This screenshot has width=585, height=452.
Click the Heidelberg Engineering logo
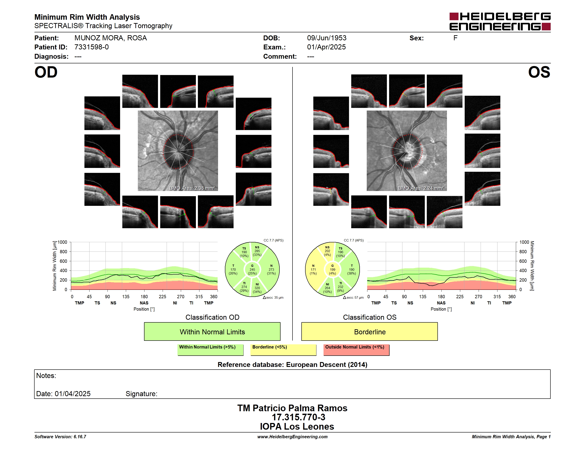click(x=500, y=21)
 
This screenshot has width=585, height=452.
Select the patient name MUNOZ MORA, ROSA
click(x=110, y=38)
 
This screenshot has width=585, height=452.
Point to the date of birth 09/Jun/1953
click(x=327, y=38)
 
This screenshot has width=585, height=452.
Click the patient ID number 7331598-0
click(x=91, y=47)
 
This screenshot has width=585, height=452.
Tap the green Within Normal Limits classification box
click(x=212, y=331)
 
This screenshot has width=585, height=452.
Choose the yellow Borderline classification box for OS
click(x=369, y=331)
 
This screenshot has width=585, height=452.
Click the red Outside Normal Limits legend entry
click(x=356, y=350)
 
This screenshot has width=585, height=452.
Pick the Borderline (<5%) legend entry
click(x=283, y=350)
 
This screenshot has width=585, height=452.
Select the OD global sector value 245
click(x=252, y=270)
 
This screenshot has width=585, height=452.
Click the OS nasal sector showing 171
click(x=313, y=270)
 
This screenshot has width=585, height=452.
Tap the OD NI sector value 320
click(x=257, y=288)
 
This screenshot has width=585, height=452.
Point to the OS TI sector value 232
click(x=340, y=287)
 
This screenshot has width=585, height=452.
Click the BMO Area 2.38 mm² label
click(x=192, y=188)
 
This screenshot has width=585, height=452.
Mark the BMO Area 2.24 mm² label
click(x=421, y=188)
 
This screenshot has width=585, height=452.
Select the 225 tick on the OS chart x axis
click(x=460, y=297)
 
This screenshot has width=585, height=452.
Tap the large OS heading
click(x=539, y=72)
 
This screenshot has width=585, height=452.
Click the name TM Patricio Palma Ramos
click(x=292, y=408)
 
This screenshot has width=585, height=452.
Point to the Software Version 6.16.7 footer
click(x=60, y=437)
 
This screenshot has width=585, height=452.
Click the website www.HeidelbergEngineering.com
click(x=292, y=437)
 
